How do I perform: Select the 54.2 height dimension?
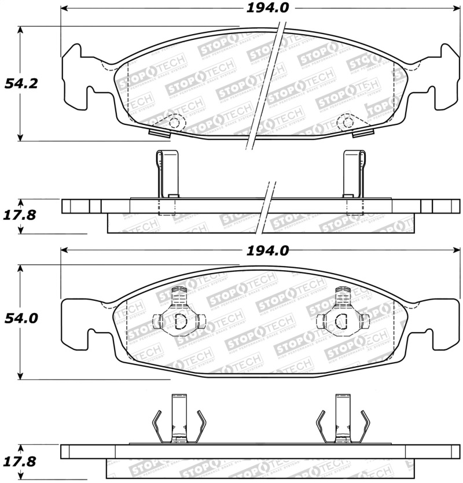(21, 83)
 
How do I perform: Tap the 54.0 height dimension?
(21, 318)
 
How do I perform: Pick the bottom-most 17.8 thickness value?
(21, 461)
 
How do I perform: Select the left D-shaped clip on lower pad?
(178, 320)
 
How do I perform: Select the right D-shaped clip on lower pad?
(342, 320)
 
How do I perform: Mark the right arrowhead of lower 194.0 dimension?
(456, 250)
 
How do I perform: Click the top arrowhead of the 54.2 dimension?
(21, 29)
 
